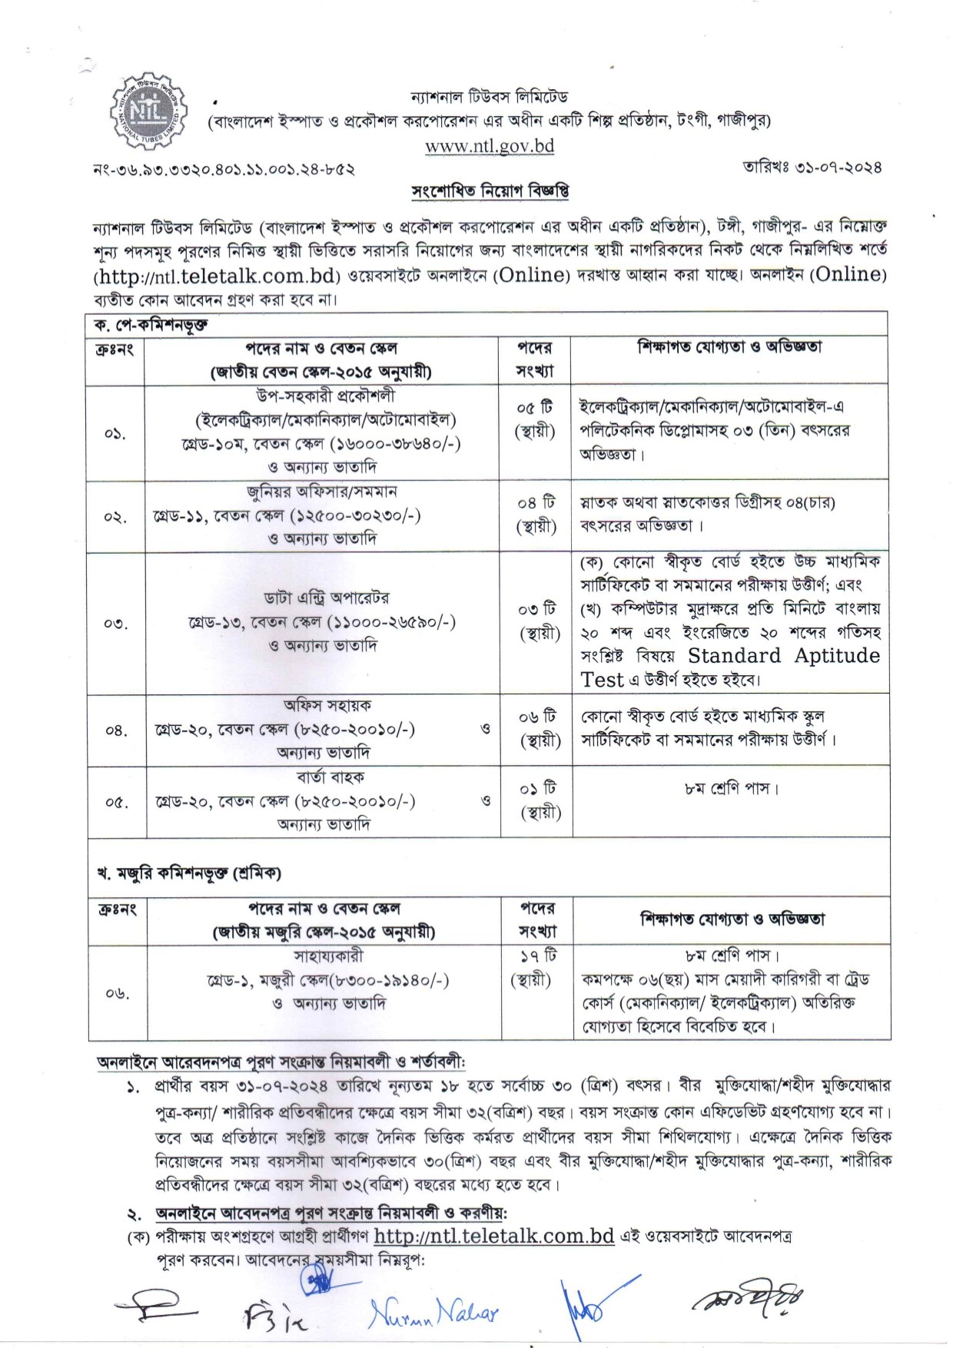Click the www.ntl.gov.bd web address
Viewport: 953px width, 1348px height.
click(490, 146)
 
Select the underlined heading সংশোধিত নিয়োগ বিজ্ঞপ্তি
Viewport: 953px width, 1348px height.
click(490, 190)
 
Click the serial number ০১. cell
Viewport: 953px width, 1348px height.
click(115, 433)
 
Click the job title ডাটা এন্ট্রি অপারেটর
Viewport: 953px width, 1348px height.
click(327, 597)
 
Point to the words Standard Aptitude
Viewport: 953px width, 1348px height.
click(784, 655)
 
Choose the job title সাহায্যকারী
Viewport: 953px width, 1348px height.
click(328, 956)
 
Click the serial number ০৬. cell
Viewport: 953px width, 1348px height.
click(117, 993)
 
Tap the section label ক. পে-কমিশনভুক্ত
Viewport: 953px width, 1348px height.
click(151, 325)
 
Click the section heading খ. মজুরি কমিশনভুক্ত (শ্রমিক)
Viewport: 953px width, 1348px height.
click(188, 873)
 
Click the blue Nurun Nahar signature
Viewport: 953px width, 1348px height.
click(433, 1314)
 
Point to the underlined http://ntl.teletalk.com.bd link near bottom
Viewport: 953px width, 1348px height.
click(493, 1236)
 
